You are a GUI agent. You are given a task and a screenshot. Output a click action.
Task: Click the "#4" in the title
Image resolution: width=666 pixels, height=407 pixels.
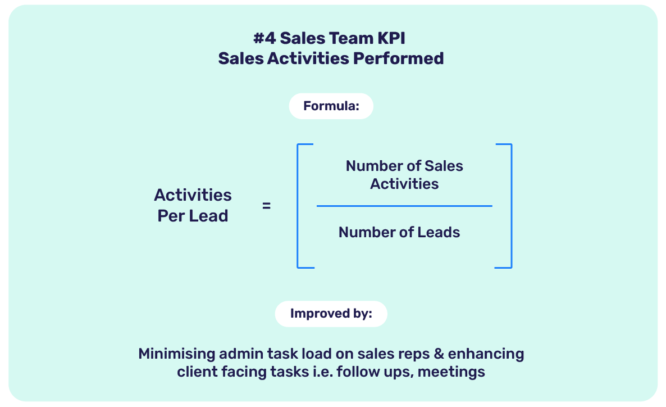click(x=264, y=39)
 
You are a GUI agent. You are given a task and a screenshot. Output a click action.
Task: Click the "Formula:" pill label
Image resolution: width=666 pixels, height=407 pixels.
click(x=331, y=106)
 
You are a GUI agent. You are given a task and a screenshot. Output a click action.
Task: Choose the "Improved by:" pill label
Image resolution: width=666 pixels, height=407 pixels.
click(x=331, y=314)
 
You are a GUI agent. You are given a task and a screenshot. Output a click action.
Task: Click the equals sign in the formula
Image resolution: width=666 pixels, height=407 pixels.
click(x=266, y=206)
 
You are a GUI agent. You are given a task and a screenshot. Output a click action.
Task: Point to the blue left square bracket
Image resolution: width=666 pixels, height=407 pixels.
click(x=298, y=206)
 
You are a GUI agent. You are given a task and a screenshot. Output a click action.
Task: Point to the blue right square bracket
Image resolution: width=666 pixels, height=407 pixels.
click(x=510, y=206)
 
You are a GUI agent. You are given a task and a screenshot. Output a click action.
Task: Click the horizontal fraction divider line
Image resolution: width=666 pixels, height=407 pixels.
click(x=404, y=206)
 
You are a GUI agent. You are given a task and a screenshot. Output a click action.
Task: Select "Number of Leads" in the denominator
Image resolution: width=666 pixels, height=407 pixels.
click(x=399, y=232)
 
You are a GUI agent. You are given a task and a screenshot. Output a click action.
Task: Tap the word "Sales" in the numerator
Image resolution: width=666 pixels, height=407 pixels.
click(x=444, y=166)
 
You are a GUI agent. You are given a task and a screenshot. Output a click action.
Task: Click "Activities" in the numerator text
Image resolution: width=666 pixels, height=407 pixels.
click(x=404, y=184)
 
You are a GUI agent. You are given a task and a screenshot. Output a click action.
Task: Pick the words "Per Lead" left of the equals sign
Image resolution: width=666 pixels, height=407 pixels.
click(x=193, y=216)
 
